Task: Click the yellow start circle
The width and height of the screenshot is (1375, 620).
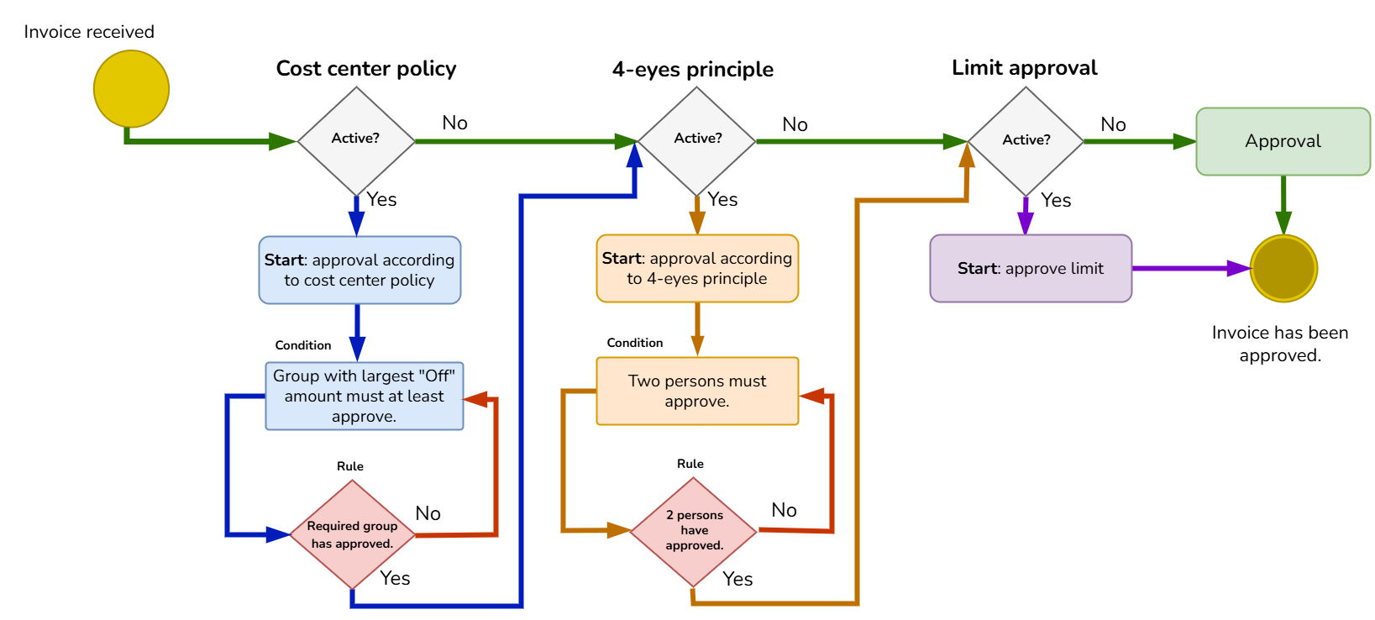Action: click(131, 89)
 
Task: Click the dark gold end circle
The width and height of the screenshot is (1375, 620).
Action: click(1283, 269)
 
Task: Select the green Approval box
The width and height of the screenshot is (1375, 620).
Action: click(1283, 141)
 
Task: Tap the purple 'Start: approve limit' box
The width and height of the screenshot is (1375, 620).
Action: click(1031, 269)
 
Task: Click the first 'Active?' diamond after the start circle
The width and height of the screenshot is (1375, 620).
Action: click(356, 140)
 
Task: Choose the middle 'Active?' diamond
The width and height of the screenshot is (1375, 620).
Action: click(696, 140)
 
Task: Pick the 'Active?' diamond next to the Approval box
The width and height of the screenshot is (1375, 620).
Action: click(1026, 140)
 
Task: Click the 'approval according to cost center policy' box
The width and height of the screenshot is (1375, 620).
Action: click(359, 270)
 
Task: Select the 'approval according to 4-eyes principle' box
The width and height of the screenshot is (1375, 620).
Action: click(697, 269)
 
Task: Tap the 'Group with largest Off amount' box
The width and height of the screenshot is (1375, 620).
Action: click(364, 397)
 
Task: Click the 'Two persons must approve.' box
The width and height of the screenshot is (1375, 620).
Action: click(697, 391)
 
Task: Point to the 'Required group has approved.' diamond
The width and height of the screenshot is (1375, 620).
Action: click(352, 534)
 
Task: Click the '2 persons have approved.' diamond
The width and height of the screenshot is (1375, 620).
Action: click(694, 531)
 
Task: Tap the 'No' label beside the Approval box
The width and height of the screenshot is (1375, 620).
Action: click(1113, 124)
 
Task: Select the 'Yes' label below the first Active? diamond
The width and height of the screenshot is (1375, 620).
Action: click(381, 199)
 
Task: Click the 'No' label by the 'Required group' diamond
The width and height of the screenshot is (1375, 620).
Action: click(428, 513)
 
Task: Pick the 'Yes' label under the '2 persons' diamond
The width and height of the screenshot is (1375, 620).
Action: click(737, 579)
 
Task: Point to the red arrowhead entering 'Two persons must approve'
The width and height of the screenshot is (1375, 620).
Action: click(811, 396)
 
